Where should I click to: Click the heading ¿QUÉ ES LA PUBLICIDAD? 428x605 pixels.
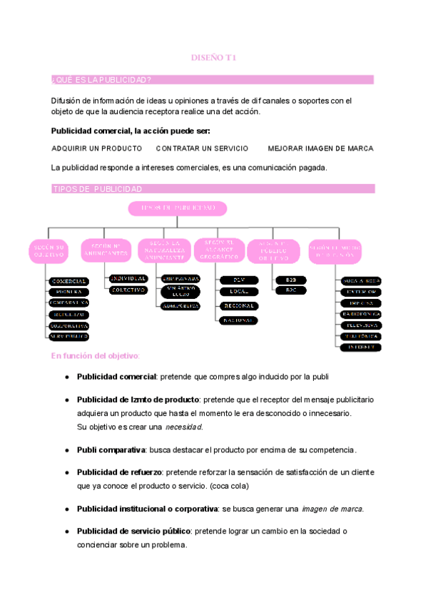[101, 79]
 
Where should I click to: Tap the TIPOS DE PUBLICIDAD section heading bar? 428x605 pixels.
[97, 188]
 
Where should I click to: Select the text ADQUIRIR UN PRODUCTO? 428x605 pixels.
[97, 148]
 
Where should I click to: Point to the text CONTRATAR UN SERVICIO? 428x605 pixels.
[202, 148]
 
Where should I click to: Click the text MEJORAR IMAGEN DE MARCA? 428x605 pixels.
[320, 148]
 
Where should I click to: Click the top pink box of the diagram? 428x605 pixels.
[178, 208]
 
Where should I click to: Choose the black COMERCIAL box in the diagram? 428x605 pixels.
[69, 281]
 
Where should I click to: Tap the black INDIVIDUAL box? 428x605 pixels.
[128, 278]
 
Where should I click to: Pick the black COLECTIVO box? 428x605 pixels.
[128, 290]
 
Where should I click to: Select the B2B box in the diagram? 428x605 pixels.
[290, 280]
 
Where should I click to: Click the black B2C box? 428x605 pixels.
[290, 290]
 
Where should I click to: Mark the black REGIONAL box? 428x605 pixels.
[239, 305]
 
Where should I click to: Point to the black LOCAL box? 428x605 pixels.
[239, 291]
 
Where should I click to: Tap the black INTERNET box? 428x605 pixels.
[361, 347]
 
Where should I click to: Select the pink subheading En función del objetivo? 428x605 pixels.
[96, 355]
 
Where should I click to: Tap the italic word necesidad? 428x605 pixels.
[184, 427]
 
